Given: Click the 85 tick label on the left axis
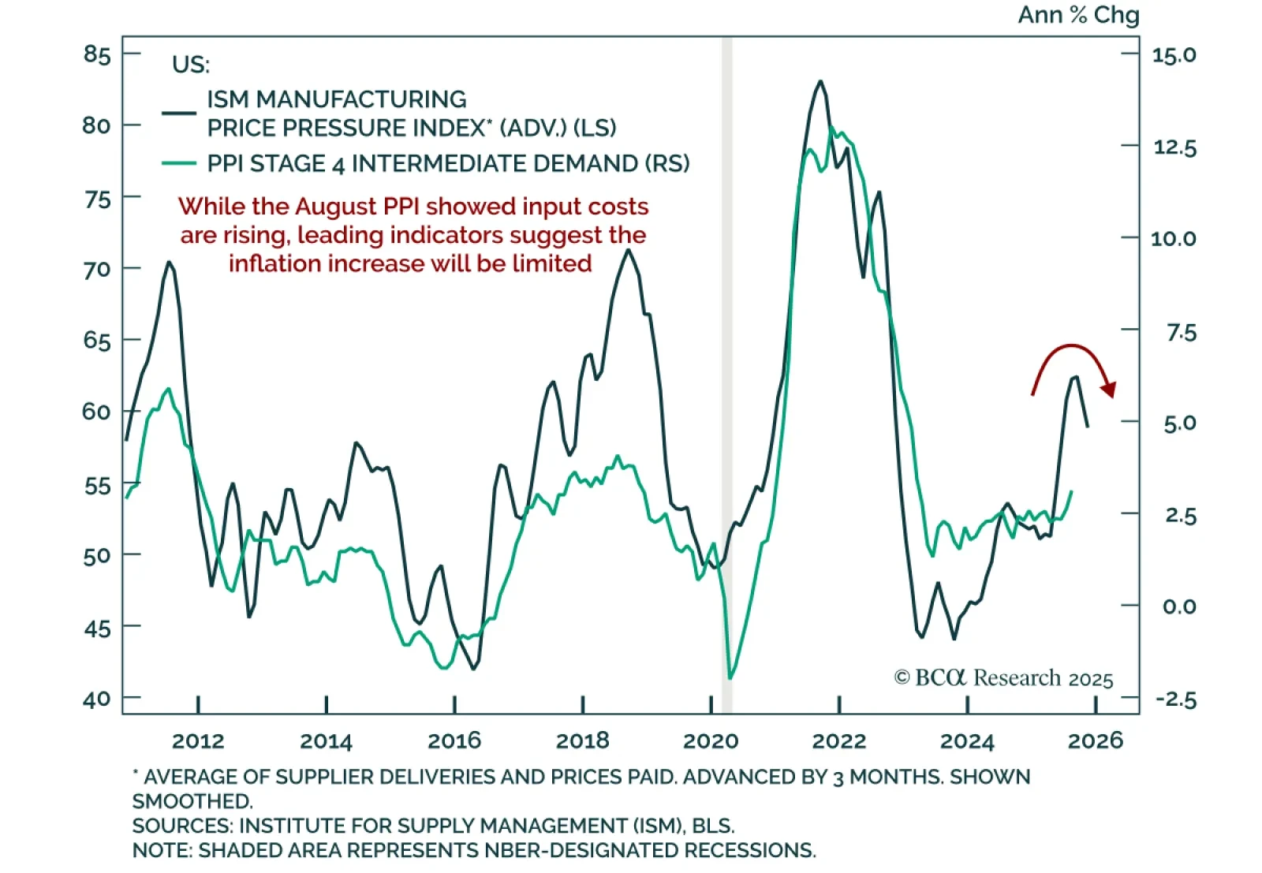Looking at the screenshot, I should (96, 54).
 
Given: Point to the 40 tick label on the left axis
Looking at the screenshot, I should (96, 700).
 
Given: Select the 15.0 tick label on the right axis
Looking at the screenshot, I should (1174, 55).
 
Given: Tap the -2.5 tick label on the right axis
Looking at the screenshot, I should (1175, 700).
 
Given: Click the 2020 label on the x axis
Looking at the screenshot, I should (711, 741).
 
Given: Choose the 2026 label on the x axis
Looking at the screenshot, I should (1095, 741).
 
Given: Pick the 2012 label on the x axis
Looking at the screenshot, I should (198, 741).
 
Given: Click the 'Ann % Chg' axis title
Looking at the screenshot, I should (1078, 15).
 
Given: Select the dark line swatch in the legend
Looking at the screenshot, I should (179, 114).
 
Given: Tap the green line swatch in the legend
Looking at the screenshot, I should (179, 163).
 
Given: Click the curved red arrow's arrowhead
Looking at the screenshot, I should (1110, 390).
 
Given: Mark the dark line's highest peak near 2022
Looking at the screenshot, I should (820, 81).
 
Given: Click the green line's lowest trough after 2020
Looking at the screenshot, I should (730, 677).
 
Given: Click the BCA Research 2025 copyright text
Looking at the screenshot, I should (1003, 678).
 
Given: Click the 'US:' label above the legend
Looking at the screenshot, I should (191, 65).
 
